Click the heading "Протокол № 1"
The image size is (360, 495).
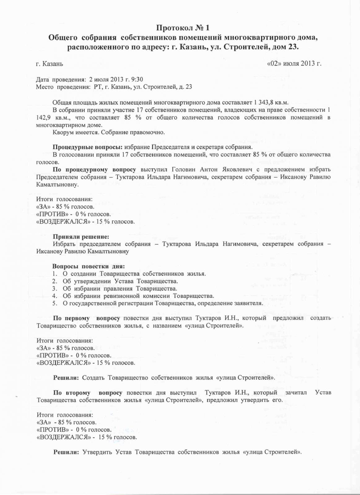(183, 28)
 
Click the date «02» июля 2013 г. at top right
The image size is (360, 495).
(294, 64)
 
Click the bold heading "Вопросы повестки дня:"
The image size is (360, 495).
(89, 266)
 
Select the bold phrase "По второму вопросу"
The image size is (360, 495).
(88, 393)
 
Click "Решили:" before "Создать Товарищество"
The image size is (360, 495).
(66, 377)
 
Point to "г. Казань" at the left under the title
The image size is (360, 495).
(50, 64)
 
